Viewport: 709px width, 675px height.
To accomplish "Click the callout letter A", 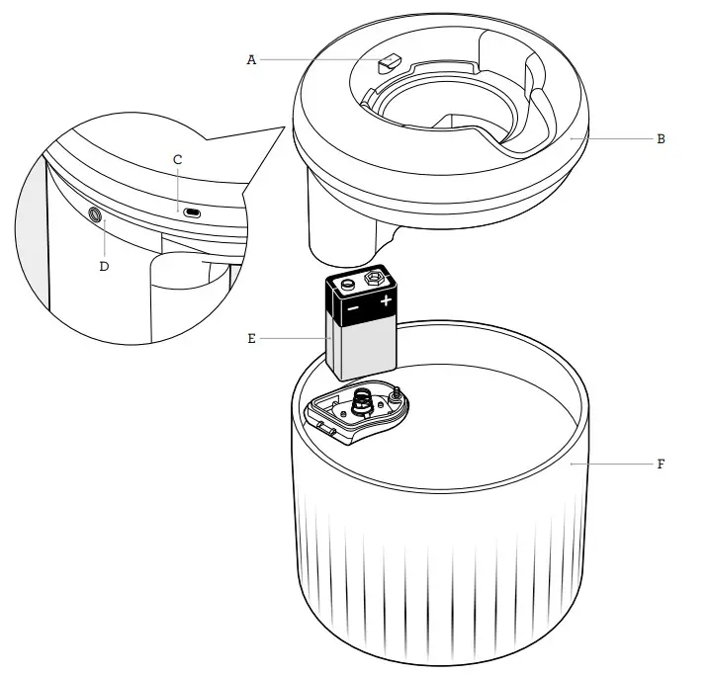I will click(251, 60).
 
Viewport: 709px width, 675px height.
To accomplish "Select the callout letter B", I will click(661, 139).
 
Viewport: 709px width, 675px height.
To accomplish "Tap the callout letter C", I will click(178, 159).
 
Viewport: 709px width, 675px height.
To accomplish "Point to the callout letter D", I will click(105, 265).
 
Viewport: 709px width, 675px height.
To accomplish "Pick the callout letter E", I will click(251, 338).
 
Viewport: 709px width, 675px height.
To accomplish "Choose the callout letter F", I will click(661, 464).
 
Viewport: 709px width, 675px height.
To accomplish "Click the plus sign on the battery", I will click(385, 300).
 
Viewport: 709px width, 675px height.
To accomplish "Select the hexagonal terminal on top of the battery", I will click(375, 279).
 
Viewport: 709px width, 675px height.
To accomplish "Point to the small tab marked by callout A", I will click(386, 63).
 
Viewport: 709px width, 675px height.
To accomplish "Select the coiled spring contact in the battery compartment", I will click(362, 402).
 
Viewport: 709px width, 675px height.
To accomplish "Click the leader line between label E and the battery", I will click(295, 338).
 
